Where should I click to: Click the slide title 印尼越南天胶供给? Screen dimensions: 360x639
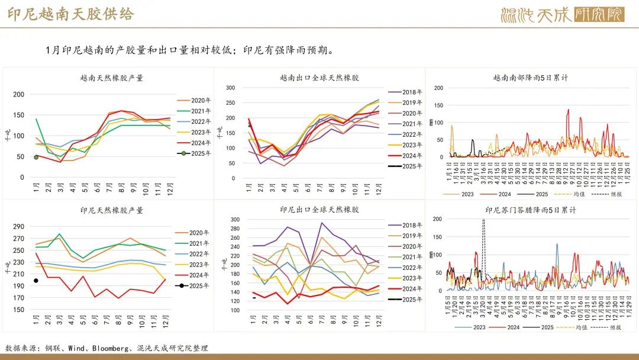71,14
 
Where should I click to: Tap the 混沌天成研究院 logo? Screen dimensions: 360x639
562,14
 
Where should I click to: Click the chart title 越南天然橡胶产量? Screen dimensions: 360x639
112,78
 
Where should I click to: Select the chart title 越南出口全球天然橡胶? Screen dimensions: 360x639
319,78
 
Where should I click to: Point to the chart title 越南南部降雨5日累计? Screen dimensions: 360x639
531,78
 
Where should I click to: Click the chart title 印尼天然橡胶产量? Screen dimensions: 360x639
112,210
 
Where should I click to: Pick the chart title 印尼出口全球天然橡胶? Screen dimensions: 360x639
319,210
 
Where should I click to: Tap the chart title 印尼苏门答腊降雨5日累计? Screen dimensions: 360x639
531,210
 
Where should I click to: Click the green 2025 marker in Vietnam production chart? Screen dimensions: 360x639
36,157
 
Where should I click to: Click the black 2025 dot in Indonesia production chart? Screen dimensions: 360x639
36,281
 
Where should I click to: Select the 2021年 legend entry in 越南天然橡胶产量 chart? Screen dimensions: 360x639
195,111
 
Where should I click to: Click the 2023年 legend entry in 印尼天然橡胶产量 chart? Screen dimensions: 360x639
195,265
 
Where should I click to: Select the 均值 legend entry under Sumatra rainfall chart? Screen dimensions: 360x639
578,327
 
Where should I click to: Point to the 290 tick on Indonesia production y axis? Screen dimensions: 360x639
17,226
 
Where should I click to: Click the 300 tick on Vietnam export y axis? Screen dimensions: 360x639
230,88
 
